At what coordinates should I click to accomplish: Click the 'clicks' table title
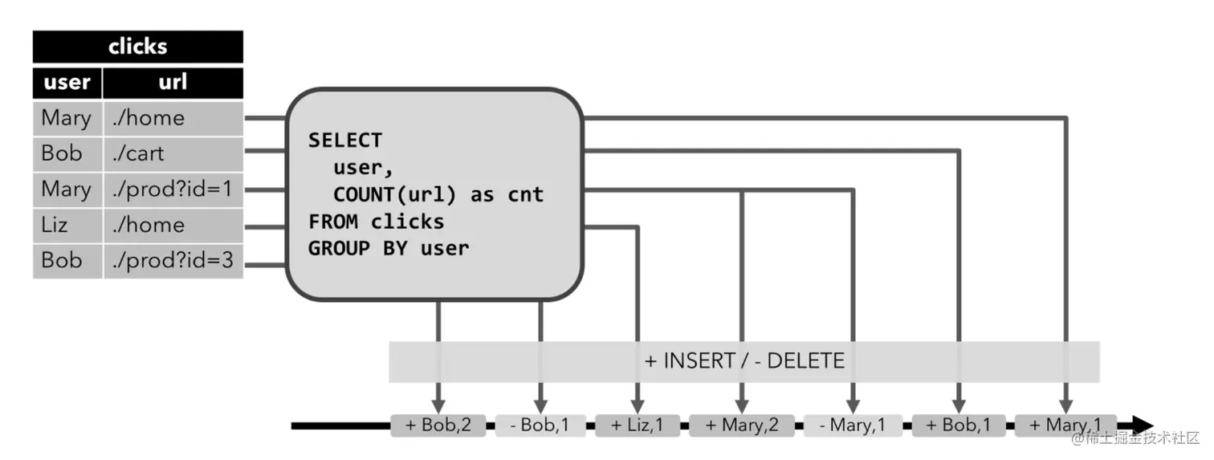coord(137,47)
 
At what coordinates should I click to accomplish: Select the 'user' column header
coord(67,83)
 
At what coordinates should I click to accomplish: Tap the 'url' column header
coord(173,83)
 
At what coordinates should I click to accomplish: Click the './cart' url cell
coord(173,153)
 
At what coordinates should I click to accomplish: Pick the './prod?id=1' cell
coord(173,189)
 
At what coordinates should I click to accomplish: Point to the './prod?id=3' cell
coord(173,260)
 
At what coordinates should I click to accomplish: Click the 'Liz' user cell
coord(67,225)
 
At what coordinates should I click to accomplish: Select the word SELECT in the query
coord(345,140)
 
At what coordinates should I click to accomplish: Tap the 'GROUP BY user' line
coord(389,249)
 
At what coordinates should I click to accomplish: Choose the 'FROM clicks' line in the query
coord(376,222)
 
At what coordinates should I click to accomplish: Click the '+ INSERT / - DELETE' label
coord(744,361)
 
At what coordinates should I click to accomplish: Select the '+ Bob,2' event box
coord(438,425)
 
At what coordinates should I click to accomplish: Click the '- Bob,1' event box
coord(540,425)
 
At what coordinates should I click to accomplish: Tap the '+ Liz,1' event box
coord(638,425)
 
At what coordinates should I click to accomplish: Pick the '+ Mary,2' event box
coord(741,425)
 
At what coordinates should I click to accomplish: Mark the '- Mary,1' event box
coord(853,425)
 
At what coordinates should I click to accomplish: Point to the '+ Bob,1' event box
coord(959,425)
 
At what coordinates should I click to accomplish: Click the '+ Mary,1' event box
coord(1065,425)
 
